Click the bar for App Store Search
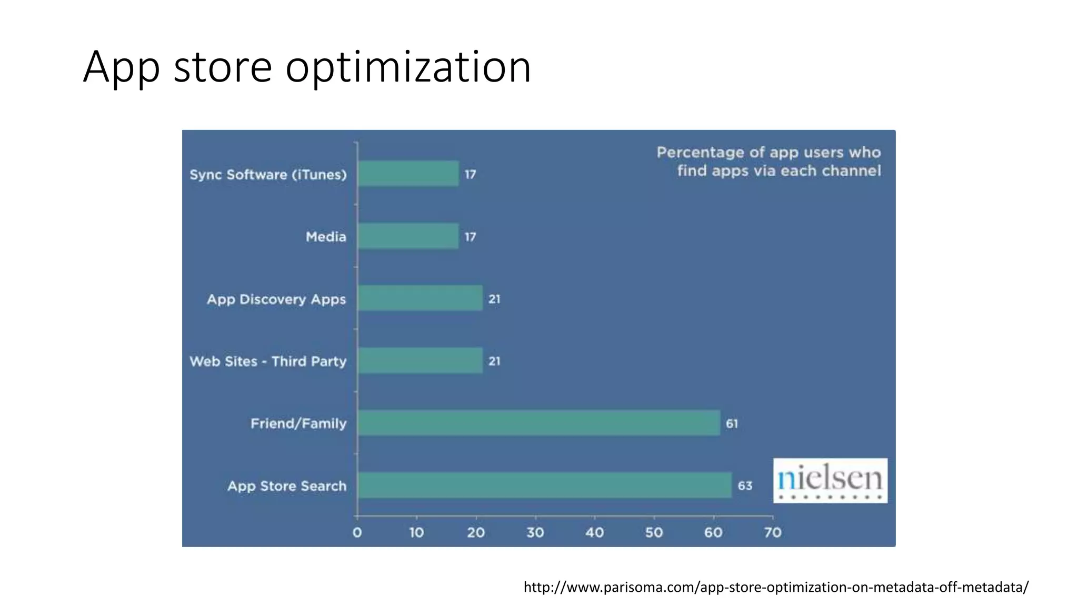pos(544,485)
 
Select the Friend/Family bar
pos(538,423)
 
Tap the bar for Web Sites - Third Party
pos(420,361)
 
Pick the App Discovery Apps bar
pos(420,298)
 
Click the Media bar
pos(408,236)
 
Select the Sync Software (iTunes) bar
pos(408,174)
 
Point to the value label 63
pos(745,486)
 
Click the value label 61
pos(732,423)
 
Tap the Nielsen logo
pos(830,480)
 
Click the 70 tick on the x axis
pos(773,533)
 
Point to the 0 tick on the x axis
pos(357,533)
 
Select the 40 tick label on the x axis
pos(595,533)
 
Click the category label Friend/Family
pos(298,423)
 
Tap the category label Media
pos(326,237)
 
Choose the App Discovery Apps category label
pos(276,299)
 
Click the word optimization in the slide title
pos(408,67)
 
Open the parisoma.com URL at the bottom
pos(776,587)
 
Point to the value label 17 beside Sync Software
pos(470,174)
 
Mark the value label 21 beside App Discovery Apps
pos(494,299)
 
